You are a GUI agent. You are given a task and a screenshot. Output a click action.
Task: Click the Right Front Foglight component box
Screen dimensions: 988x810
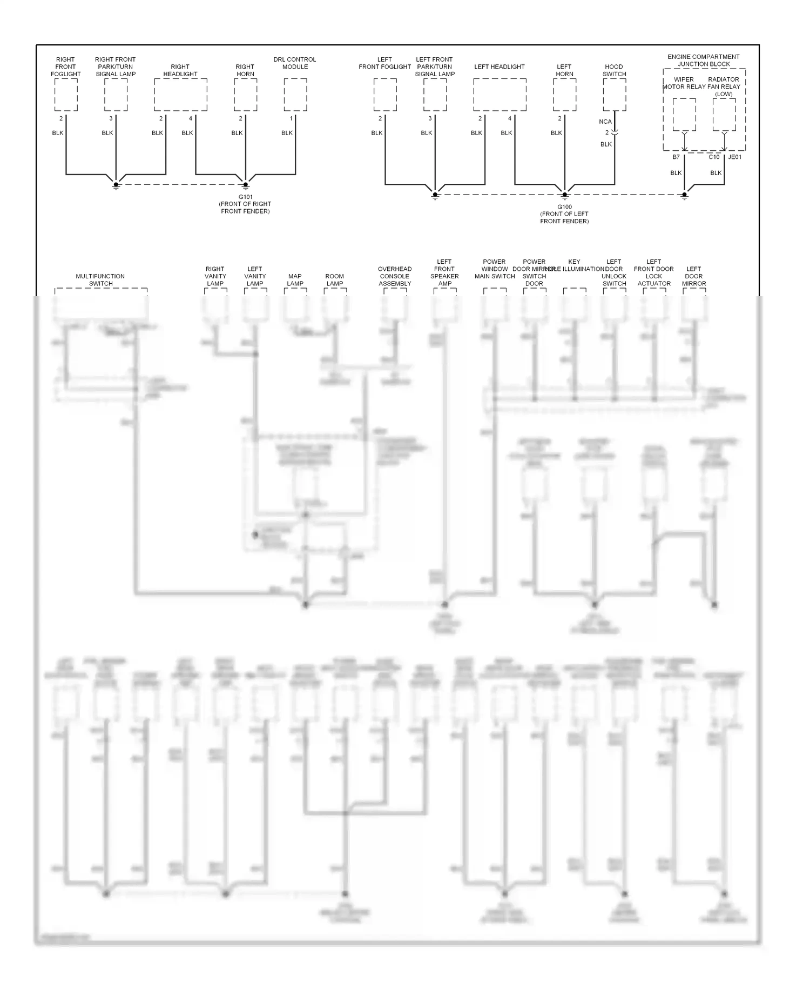click(66, 95)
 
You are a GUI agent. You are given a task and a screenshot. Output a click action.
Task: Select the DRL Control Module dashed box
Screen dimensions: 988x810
click(295, 95)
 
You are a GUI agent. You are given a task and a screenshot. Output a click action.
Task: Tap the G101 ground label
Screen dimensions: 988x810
click(245, 197)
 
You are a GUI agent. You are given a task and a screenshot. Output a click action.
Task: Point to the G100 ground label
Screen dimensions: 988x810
click(564, 207)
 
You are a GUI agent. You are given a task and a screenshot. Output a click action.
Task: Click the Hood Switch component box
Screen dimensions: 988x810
click(615, 95)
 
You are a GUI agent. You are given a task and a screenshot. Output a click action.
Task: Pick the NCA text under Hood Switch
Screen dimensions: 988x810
click(605, 122)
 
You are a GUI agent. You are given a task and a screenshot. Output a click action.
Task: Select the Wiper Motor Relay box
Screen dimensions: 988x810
click(684, 115)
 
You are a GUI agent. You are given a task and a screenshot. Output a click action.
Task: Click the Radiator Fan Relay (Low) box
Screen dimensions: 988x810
click(724, 115)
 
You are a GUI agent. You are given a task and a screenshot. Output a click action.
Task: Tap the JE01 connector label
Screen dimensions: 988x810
click(735, 157)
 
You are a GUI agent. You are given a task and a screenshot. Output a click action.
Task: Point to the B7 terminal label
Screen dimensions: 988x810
click(676, 157)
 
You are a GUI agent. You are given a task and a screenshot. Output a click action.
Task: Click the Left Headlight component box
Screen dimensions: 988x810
click(500, 95)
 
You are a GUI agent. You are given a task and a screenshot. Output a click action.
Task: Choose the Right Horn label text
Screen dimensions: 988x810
click(245, 70)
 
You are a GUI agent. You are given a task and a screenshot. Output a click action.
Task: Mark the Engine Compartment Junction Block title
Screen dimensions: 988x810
click(704, 60)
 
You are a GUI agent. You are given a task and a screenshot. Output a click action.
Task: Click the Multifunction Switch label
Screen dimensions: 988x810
click(100, 279)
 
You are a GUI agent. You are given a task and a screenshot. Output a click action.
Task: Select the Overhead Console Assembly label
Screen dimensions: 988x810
click(395, 276)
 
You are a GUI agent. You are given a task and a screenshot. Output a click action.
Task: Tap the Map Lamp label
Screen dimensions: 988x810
click(295, 279)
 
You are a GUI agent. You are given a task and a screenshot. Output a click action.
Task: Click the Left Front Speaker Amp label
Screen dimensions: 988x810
click(444, 272)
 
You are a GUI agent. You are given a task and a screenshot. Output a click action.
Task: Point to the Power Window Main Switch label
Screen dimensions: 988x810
click(495, 269)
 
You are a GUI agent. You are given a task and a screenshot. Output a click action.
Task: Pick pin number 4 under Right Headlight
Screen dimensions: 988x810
click(191, 118)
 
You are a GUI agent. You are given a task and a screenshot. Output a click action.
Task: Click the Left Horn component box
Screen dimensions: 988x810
click(564, 95)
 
